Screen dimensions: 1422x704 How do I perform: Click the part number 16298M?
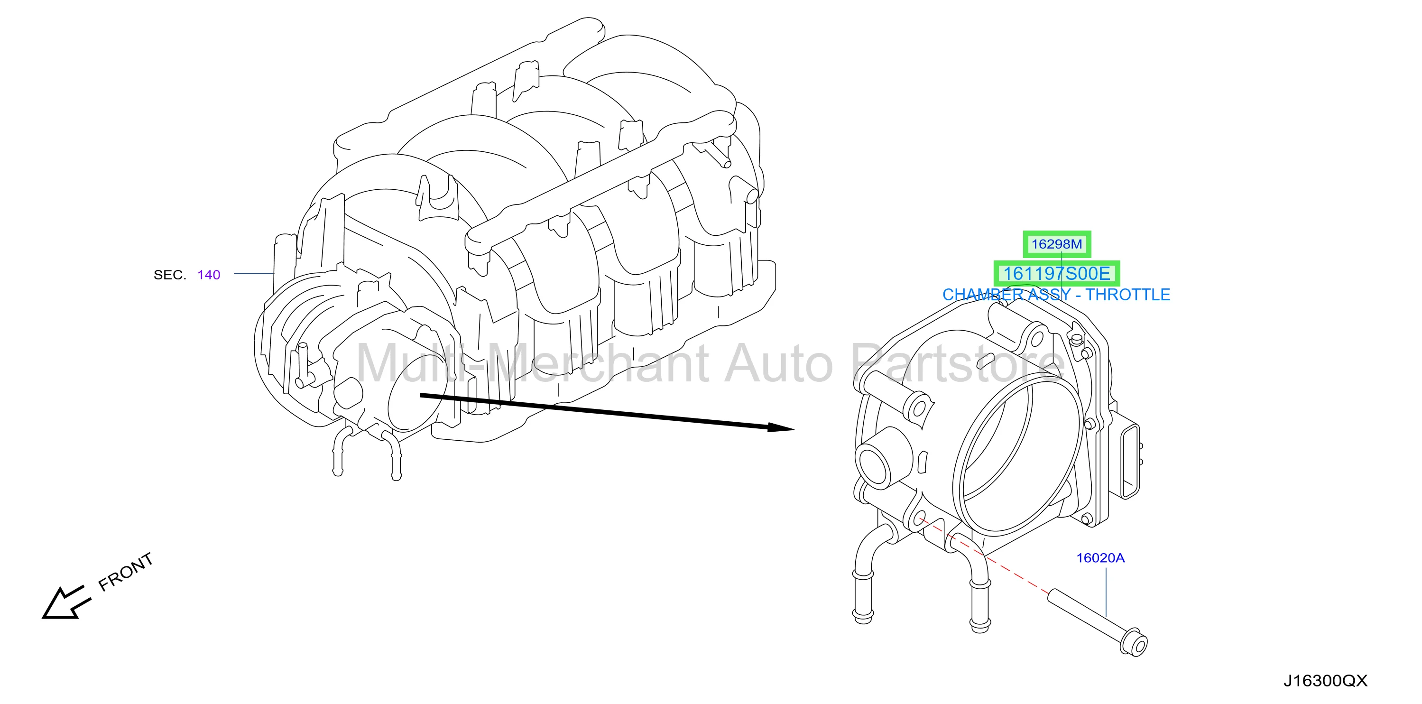click(x=1057, y=244)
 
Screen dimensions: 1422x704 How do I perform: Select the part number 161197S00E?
click(x=1057, y=273)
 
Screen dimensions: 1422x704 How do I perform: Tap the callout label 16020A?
click(x=1100, y=558)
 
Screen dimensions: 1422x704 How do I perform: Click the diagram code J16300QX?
click(x=1325, y=681)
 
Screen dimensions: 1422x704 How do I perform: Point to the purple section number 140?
click(x=209, y=275)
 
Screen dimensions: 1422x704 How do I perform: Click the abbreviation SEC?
click(x=170, y=275)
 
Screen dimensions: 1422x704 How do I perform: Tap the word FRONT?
click(x=125, y=572)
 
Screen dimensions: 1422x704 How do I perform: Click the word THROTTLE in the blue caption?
click(x=1128, y=295)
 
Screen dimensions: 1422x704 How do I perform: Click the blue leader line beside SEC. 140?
click(x=254, y=273)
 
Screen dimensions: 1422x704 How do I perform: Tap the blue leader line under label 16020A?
click(x=1106, y=592)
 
